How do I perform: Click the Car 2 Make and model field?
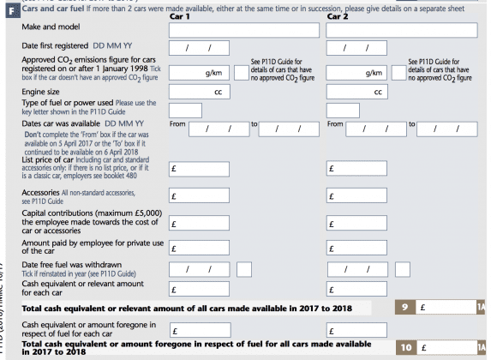pos(402,30)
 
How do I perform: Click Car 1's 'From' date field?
pos(218,129)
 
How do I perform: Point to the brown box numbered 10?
pos(408,346)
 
